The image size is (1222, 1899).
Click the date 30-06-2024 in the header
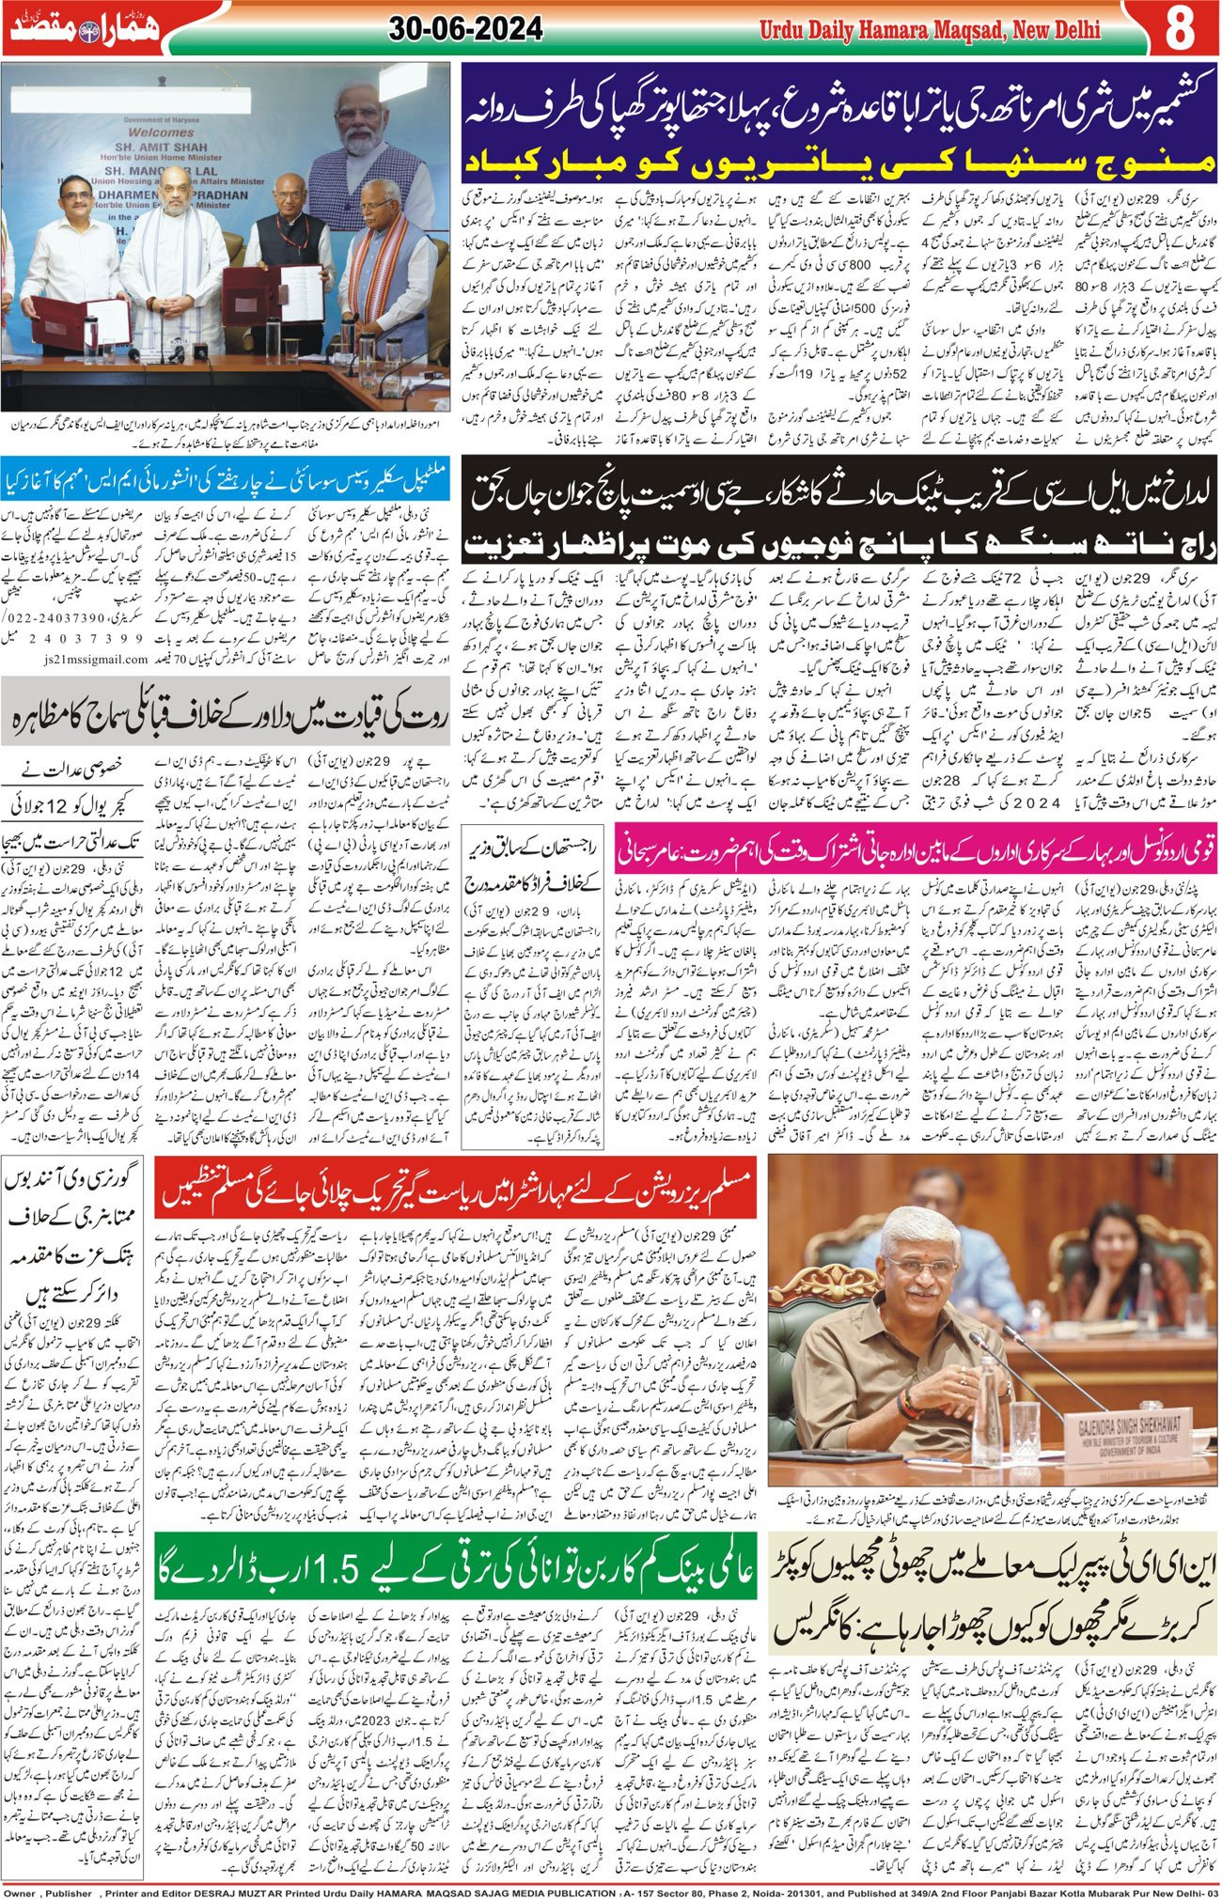pos(465,30)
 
